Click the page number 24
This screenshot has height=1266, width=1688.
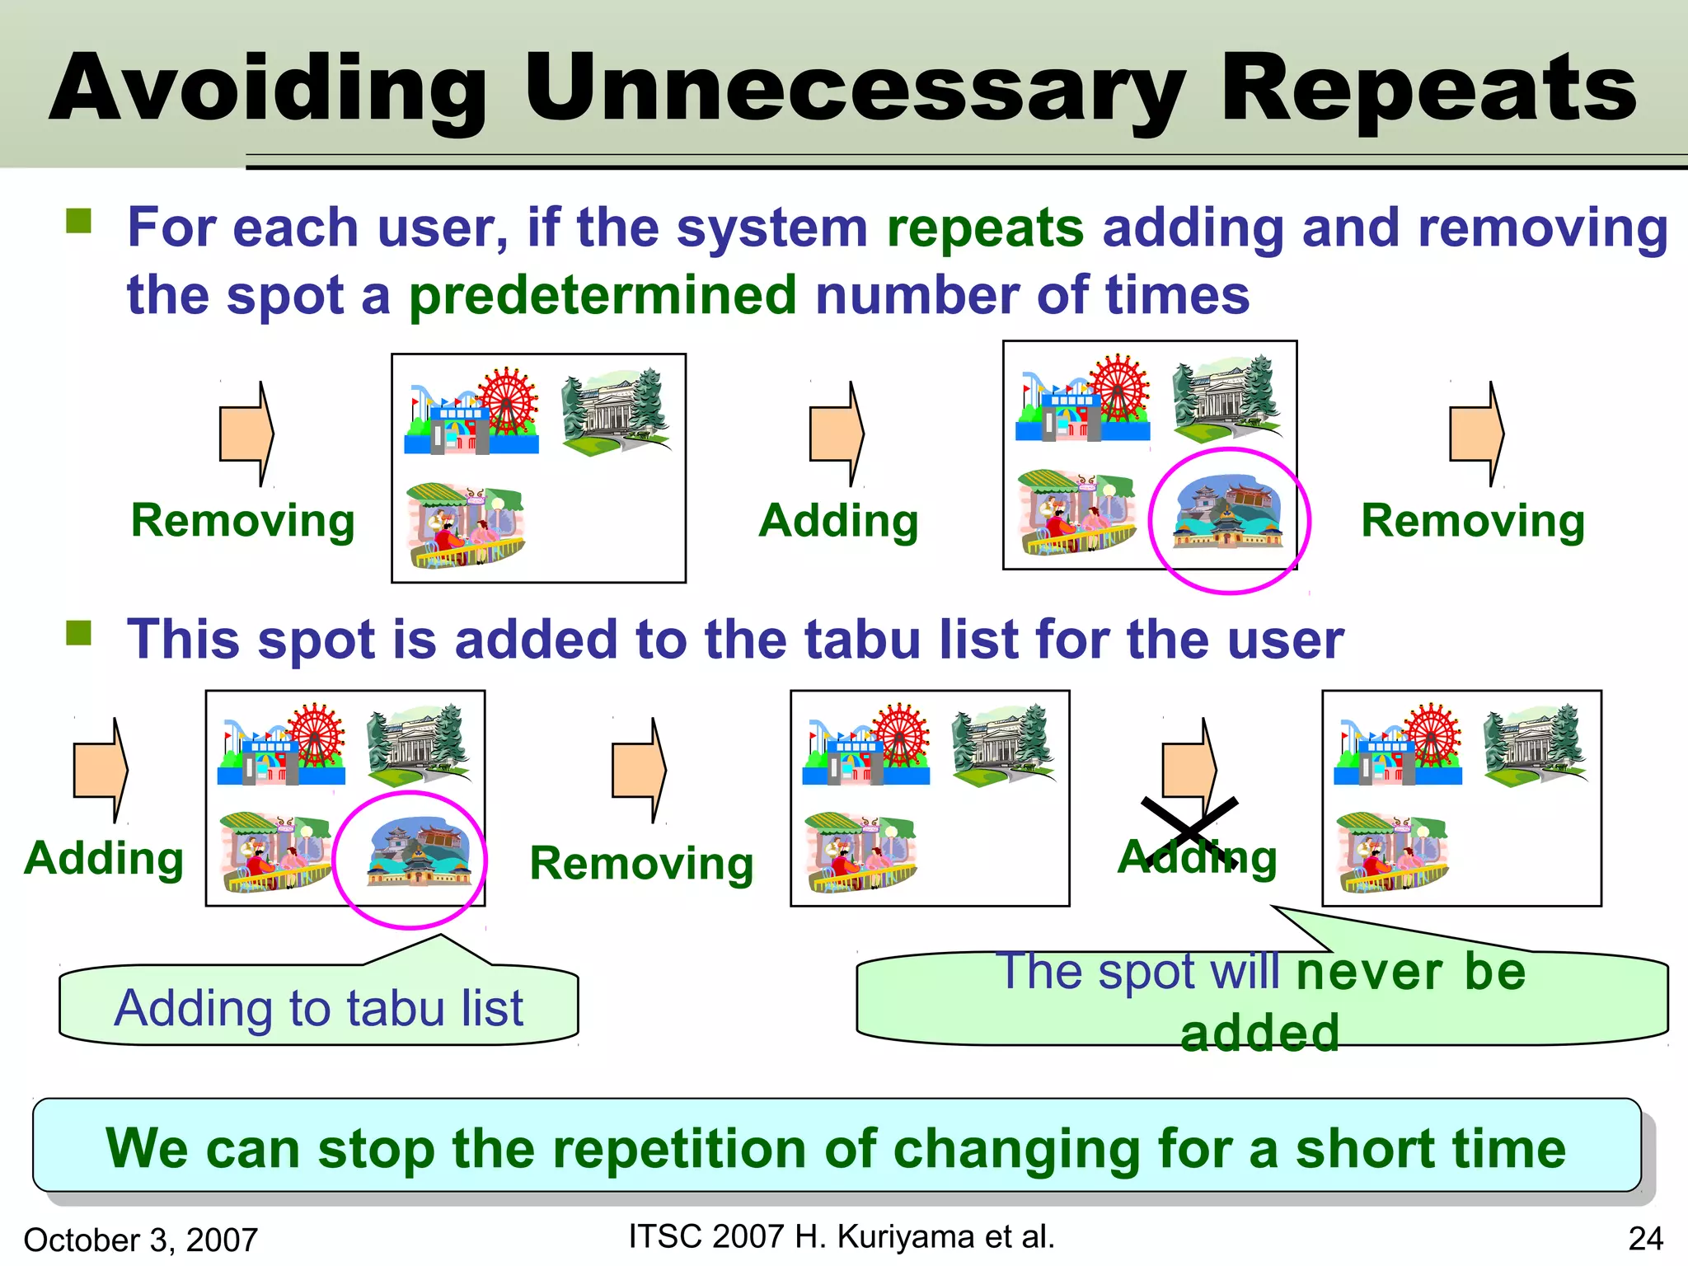pyautogui.click(x=1645, y=1239)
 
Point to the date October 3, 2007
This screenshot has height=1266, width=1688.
pyautogui.click(x=141, y=1240)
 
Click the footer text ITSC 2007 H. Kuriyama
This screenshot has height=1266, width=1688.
pyautogui.click(x=841, y=1236)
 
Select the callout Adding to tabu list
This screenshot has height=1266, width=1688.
pyautogui.click(x=318, y=1007)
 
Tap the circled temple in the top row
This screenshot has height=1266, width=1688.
pyautogui.click(x=1228, y=512)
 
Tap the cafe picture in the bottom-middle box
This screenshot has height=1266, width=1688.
pyautogui.click(x=860, y=852)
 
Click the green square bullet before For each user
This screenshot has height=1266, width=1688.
pyautogui.click(x=79, y=221)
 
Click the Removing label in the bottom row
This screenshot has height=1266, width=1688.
pyautogui.click(x=641, y=863)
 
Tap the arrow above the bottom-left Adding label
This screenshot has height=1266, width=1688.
pyautogui.click(x=101, y=769)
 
